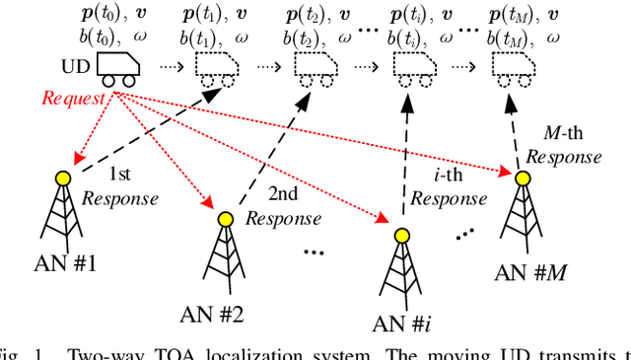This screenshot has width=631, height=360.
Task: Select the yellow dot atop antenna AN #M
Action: [520, 178]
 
